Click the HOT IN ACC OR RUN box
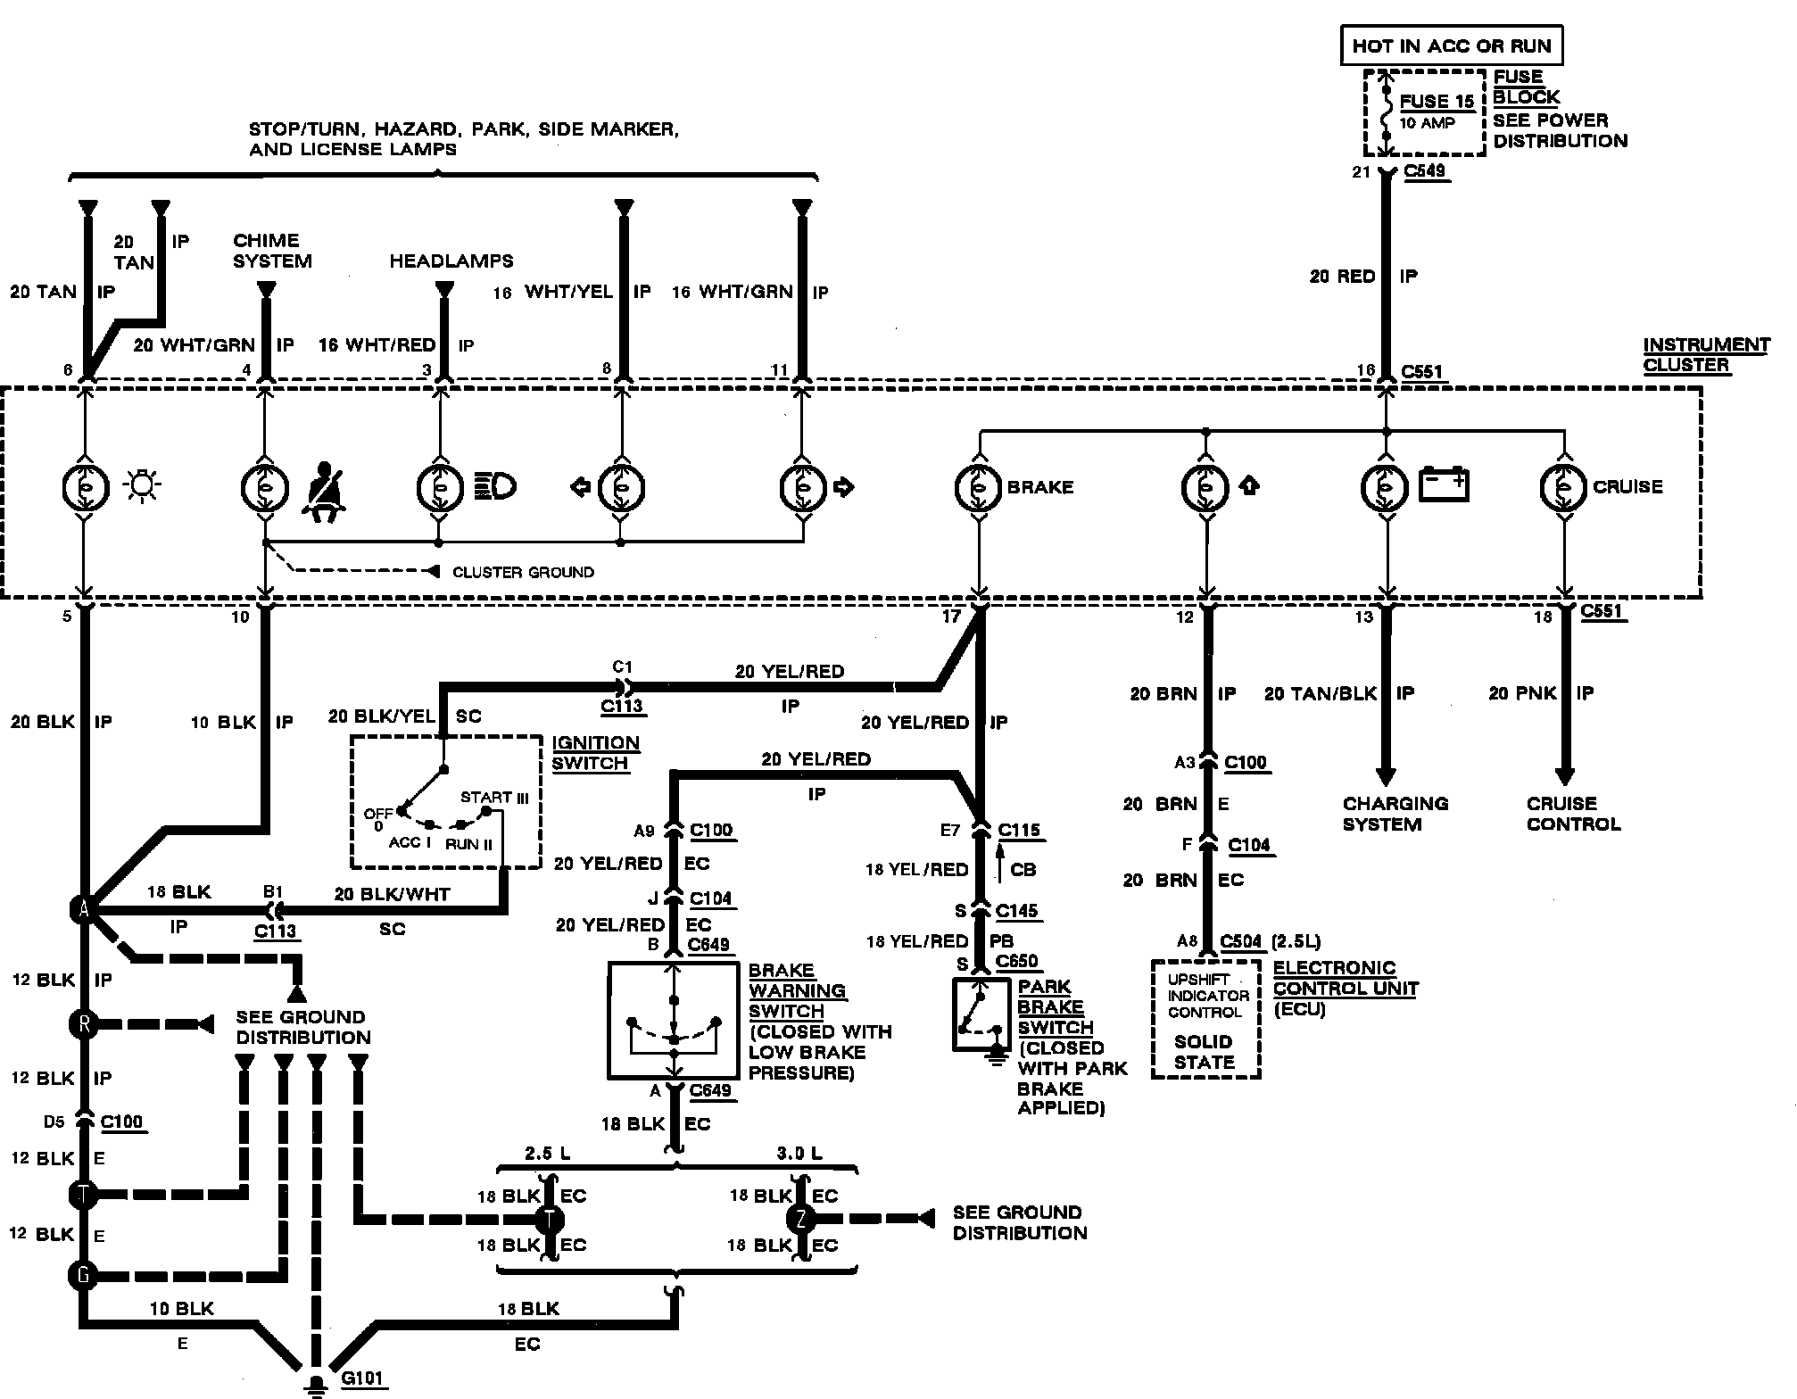click(x=1452, y=46)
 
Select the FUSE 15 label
click(x=1437, y=102)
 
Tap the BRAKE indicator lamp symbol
click(x=979, y=488)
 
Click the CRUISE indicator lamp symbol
click(x=1564, y=488)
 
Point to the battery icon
click(x=1444, y=484)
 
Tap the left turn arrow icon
click(x=580, y=487)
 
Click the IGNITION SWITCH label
click(x=595, y=753)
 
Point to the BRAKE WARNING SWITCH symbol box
click(x=674, y=1020)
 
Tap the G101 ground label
click(x=362, y=1378)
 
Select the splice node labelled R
click(x=83, y=1023)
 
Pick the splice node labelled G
click(x=83, y=1276)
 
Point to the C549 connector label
click(x=1424, y=171)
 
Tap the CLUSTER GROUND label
click(x=523, y=572)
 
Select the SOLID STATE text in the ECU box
click(x=1205, y=1052)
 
